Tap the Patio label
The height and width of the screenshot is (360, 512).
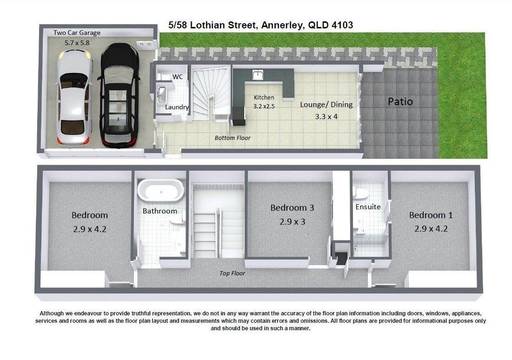[400, 101]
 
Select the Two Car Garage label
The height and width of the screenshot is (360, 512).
[77, 33]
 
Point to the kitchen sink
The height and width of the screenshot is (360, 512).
[258, 75]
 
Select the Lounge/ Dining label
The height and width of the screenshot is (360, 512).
[326, 105]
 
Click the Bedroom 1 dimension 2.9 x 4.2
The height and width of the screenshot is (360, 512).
[431, 228]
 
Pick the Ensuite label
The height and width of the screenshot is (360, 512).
[368, 207]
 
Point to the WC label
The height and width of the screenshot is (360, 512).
[178, 77]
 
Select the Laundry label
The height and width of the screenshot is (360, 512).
[177, 107]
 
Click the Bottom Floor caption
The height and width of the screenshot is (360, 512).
[233, 138]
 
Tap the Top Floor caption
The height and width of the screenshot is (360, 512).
[232, 273]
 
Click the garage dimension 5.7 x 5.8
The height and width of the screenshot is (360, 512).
[77, 42]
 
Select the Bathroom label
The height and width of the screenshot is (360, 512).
[160, 211]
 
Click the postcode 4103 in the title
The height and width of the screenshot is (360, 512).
[342, 25]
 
